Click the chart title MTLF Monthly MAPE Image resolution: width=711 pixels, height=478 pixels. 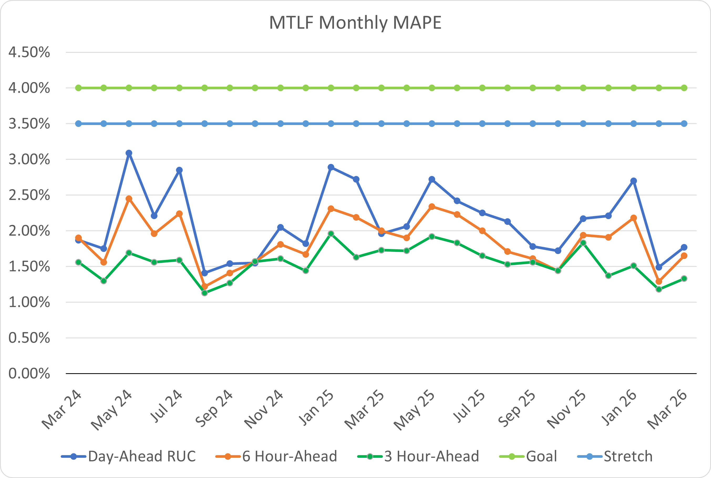click(355, 23)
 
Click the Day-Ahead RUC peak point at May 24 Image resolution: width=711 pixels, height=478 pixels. click(129, 153)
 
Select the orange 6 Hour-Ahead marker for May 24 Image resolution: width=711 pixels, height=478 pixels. click(129, 199)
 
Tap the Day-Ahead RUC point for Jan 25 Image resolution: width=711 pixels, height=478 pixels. click(331, 167)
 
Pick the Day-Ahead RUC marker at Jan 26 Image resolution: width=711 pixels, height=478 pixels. click(633, 181)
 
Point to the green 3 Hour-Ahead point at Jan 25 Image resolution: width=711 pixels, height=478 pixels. click(331, 234)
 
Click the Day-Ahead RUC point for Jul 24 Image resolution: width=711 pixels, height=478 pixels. click(179, 170)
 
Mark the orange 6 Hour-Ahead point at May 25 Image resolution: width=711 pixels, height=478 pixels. click(432, 207)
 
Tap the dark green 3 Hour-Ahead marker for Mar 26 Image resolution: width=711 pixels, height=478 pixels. click(684, 279)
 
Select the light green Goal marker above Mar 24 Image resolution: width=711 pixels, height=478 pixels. click(78, 88)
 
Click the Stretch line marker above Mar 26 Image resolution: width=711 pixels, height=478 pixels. click(684, 124)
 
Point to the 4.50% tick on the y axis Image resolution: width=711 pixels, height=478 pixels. click(29, 53)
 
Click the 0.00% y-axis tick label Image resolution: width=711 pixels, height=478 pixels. click(29, 373)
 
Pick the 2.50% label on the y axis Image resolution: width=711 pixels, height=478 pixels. click(29, 195)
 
